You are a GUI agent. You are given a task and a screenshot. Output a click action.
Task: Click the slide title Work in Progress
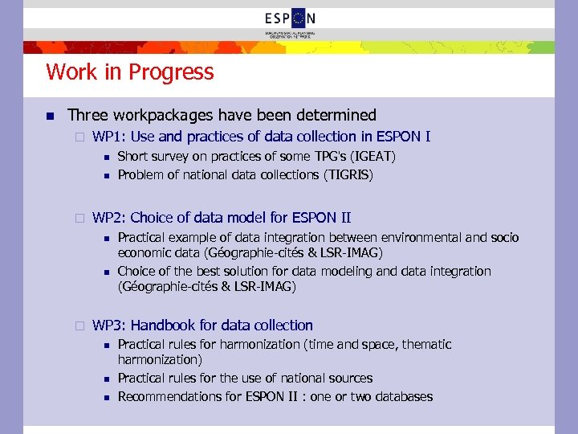[130, 72]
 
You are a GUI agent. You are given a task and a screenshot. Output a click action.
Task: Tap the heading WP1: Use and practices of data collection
[262, 137]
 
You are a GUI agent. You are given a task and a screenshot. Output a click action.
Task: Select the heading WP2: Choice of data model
[222, 218]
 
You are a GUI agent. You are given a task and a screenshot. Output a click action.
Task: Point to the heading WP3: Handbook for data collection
[202, 325]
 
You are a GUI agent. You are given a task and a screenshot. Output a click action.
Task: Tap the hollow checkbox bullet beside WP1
[79, 137]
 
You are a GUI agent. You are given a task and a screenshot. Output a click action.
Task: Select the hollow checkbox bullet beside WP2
[79, 219]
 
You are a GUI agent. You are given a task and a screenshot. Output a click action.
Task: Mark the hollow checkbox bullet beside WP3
[79, 326]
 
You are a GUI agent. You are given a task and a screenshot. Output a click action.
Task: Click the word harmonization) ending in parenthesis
[160, 360]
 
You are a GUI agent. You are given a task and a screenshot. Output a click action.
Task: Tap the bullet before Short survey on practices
[104, 157]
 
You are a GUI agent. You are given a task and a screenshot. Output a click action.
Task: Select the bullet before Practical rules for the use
[104, 379]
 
